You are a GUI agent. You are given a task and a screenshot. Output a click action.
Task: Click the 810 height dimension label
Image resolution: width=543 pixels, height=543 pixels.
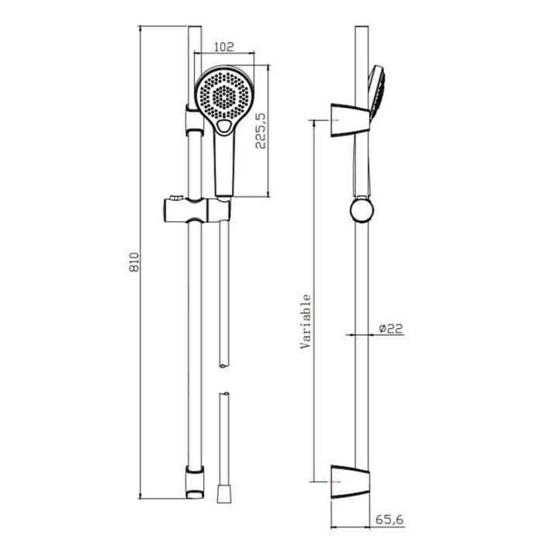point(134,262)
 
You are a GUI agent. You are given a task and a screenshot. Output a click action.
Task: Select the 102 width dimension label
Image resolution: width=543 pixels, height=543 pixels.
point(224,47)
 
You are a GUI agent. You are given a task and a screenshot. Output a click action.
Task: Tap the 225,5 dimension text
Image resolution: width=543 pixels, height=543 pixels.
point(261,131)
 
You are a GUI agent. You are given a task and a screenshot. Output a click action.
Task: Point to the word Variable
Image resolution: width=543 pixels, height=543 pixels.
point(306,321)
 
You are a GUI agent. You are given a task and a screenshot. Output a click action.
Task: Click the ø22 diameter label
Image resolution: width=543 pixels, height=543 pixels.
point(391,328)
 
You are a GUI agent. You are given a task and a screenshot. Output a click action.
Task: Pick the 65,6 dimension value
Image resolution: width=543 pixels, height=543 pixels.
point(389,520)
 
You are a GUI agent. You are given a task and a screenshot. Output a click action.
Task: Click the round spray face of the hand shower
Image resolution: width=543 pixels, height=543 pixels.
point(224,95)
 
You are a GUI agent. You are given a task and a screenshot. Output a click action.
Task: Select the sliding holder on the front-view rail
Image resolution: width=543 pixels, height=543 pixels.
point(196,210)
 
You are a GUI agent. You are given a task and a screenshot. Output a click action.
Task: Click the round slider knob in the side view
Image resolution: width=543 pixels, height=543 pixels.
point(361,210)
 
